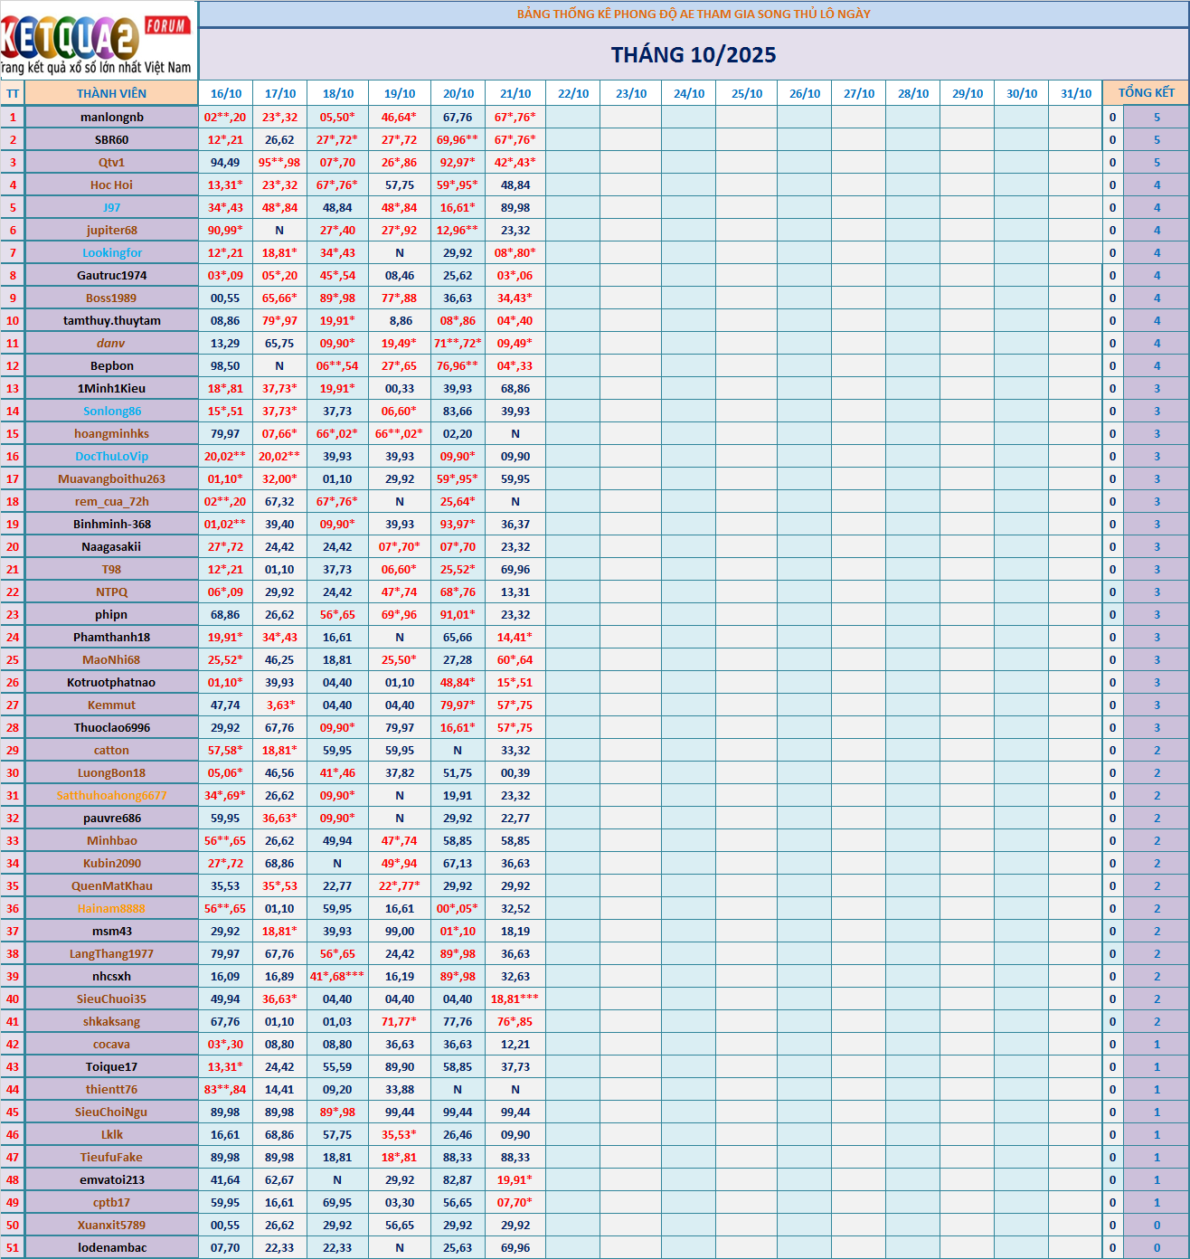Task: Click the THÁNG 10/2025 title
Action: click(694, 55)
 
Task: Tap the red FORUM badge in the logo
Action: click(167, 25)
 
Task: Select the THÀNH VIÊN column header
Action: click(111, 93)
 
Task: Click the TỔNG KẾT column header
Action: click(1146, 93)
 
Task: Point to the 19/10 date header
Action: click(400, 93)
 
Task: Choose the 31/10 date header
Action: click(1076, 93)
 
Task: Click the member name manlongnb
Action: click(111, 117)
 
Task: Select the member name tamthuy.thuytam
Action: click(111, 320)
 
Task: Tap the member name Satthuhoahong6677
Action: click(111, 795)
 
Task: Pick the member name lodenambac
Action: click(111, 1247)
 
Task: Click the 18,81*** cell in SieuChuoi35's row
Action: click(515, 999)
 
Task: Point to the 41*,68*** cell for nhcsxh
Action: click(337, 976)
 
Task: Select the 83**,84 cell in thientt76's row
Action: click(225, 1089)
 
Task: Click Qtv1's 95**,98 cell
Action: click(279, 162)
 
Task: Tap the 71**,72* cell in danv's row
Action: click(458, 343)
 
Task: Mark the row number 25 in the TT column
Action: click(13, 659)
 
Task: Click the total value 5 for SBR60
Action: click(1157, 139)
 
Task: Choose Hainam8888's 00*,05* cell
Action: click(458, 908)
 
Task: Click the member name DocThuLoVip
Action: click(111, 456)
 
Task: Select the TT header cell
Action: click(13, 93)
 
